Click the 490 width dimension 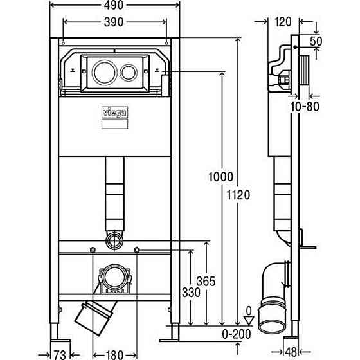(x=114, y=5)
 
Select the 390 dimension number (x=114, y=22)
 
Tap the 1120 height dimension (x=239, y=195)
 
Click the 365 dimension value (x=206, y=282)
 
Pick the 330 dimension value (x=192, y=292)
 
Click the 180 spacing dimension (x=115, y=355)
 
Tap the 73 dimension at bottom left (x=60, y=355)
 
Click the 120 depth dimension (x=283, y=22)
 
